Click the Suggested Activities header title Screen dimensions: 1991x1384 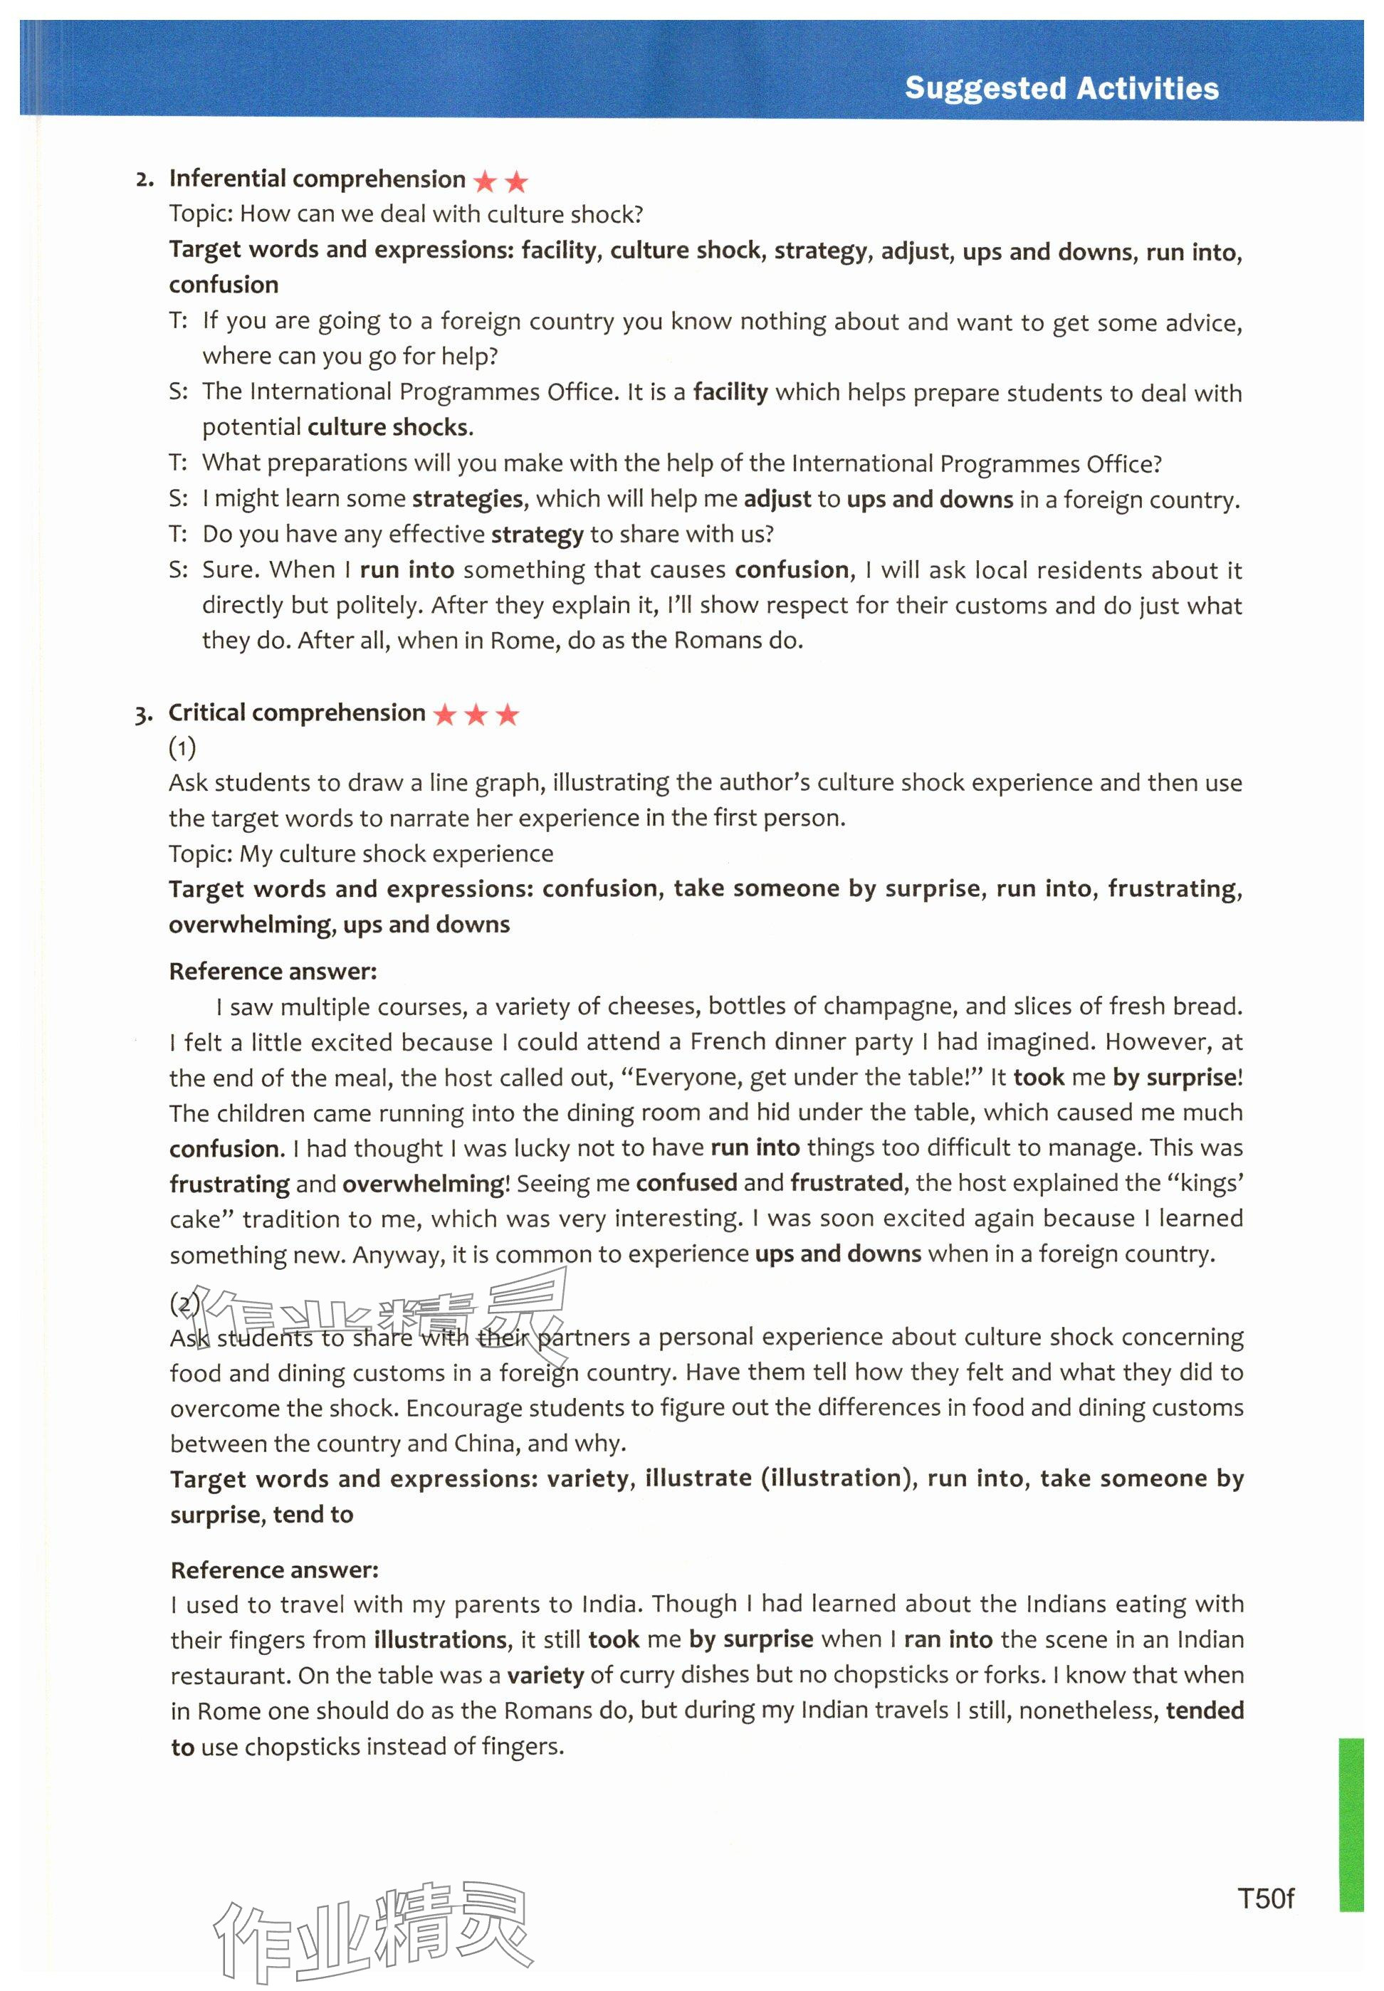point(1061,88)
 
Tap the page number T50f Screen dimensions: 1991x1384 point(1265,1898)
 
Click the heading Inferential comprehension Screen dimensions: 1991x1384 point(317,179)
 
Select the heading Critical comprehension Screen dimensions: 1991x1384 point(297,713)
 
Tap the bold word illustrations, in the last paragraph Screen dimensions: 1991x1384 point(441,1639)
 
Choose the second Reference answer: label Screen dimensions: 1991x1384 point(274,1570)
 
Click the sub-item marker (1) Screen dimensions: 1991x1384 point(182,747)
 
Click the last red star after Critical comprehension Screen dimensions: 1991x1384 point(506,715)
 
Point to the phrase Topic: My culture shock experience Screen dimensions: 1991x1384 point(361,853)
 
